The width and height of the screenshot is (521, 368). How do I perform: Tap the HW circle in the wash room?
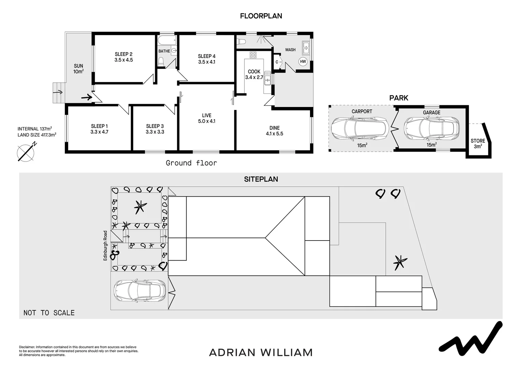tap(303, 62)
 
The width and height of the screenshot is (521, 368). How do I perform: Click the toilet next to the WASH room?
tap(241, 42)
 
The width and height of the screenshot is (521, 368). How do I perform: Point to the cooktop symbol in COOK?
tap(253, 55)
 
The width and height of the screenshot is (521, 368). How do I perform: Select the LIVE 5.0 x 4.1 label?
tap(207, 118)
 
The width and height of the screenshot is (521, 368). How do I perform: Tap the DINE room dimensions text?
tap(274, 134)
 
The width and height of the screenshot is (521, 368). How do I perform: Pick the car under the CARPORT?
tap(360, 129)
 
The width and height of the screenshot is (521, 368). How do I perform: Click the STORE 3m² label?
tap(478, 143)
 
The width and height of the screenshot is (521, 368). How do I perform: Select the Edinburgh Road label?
tap(105, 246)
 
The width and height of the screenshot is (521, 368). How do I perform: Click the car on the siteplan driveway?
tap(140, 291)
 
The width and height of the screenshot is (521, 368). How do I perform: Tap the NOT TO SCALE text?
tap(49, 313)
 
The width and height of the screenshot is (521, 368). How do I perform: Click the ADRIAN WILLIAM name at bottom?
tap(260, 352)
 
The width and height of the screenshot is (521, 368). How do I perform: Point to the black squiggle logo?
tap(471, 339)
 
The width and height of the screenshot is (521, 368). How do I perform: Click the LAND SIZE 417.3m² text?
tap(37, 135)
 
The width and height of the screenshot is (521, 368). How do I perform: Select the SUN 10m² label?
tap(78, 69)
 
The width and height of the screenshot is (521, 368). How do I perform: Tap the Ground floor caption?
tap(191, 163)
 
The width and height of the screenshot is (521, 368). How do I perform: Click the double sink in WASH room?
tap(306, 47)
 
